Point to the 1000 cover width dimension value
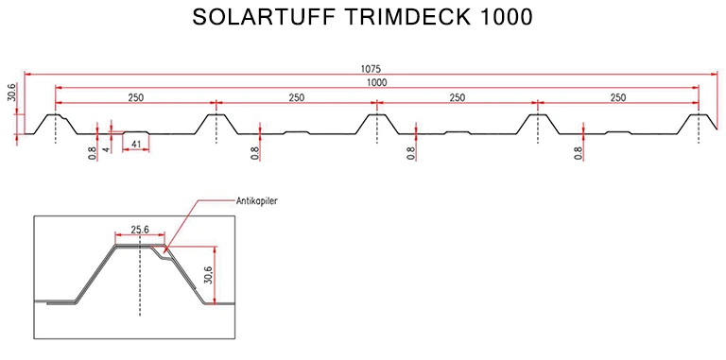point(377,83)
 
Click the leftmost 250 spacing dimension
point(135,97)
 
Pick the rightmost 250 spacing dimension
point(618,97)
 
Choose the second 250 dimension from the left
point(296,97)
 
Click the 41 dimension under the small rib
point(137,145)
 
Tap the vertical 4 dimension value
point(108,148)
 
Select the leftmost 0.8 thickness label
point(93,152)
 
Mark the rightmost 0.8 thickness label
point(579,152)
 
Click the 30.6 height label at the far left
point(11,94)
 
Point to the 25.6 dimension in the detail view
point(139,231)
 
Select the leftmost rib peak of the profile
point(55,115)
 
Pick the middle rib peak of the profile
point(376,115)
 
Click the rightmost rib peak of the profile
point(699,115)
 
